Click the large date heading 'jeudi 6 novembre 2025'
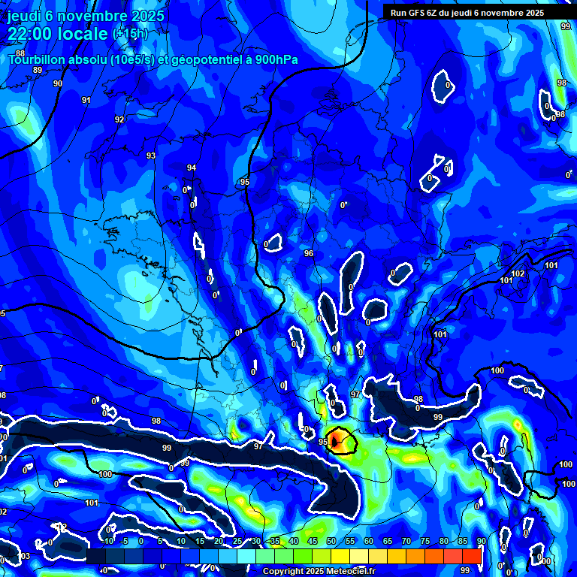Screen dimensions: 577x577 pyautogui.click(x=86, y=16)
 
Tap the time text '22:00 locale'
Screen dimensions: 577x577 pyautogui.click(x=58, y=33)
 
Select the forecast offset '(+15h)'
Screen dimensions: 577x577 pyautogui.click(x=129, y=34)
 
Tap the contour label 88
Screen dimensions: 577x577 pyautogui.click(x=20, y=53)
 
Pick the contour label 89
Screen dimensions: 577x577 pyautogui.click(x=38, y=69)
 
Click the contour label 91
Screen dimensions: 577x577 pyautogui.click(x=86, y=100)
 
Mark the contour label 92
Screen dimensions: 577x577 pyautogui.click(x=119, y=119)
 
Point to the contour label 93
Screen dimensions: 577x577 pyautogui.click(x=151, y=156)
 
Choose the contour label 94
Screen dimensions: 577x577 pyautogui.click(x=192, y=168)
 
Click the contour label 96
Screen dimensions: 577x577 pyautogui.click(x=308, y=253)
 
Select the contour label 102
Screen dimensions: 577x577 pyautogui.click(x=518, y=273)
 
